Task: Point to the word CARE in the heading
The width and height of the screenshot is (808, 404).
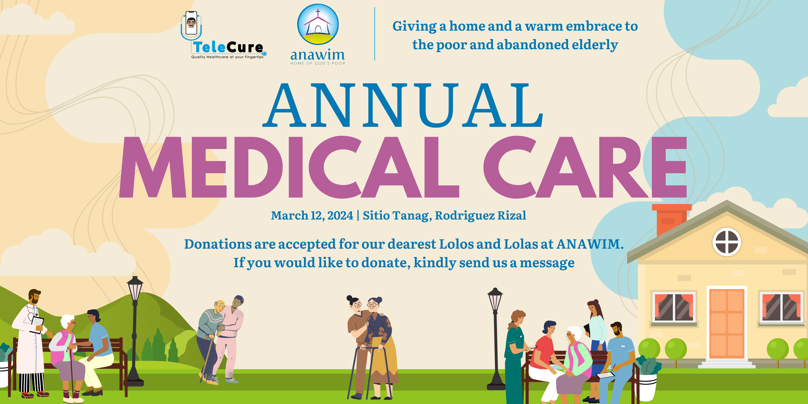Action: [585, 167]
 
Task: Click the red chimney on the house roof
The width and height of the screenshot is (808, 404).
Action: [671, 220]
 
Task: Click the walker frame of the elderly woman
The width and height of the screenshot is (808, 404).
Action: [370, 370]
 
